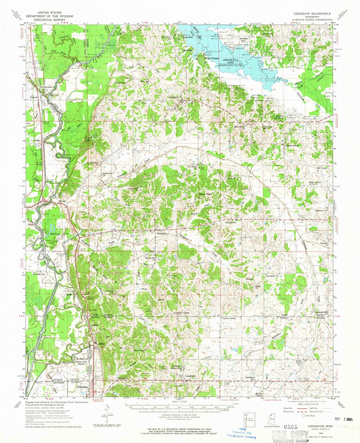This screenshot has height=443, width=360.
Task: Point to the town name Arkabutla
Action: point(174,97)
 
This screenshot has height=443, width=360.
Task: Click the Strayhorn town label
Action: point(162,234)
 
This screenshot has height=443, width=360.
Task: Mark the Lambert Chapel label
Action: point(182,313)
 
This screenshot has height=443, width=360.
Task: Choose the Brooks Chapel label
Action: point(291,145)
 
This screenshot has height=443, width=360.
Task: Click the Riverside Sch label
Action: point(39,274)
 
